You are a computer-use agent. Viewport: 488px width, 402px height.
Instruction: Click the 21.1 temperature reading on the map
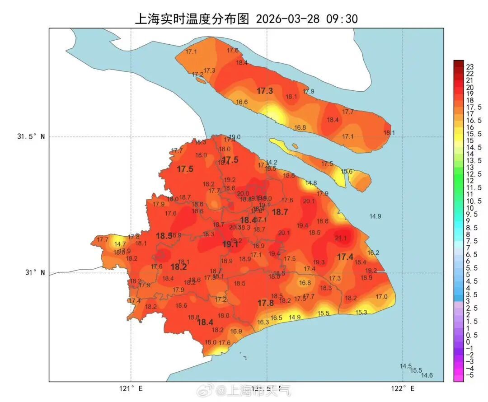pos(341,238)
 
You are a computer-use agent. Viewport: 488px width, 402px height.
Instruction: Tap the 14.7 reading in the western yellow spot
pos(120,244)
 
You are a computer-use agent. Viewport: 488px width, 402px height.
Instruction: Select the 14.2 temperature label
pos(272,163)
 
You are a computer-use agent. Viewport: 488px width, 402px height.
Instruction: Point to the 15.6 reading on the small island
pos(347,172)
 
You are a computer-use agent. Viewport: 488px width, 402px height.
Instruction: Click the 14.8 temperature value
pos(311,183)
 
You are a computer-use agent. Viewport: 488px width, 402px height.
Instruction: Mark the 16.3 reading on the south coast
pos(263,322)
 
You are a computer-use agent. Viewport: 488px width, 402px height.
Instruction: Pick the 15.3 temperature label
pos(361,312)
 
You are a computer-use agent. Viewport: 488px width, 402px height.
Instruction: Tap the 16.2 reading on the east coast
pos(373,253)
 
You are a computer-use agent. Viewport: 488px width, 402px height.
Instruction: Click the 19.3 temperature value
pos(319,262)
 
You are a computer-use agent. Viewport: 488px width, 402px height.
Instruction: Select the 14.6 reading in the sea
pos(427,375)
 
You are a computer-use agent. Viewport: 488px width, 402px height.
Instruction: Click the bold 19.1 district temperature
pos(230,244)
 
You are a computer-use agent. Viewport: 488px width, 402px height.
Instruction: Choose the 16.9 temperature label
pos(236,331)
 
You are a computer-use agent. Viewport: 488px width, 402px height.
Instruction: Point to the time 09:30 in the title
pos(345,19)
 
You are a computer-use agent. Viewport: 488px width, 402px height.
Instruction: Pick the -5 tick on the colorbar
pos(469,375)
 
